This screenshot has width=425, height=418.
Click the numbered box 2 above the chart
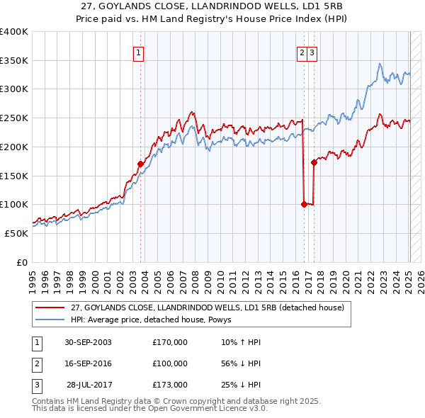click(302, 51)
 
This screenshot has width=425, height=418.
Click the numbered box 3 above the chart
click(312, 51)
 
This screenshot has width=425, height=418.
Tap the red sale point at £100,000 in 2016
click(304, 204)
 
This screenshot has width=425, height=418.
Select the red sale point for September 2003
click(140, 164)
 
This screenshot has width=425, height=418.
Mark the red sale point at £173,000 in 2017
click(314, 162)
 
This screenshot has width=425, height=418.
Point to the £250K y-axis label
click(14, 118)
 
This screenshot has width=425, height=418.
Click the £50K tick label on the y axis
click(16, 233)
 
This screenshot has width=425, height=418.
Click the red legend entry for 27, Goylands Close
click(207, 307)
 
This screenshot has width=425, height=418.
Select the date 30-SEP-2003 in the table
click(88, 342)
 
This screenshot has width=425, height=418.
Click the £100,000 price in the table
click(170, 363)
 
